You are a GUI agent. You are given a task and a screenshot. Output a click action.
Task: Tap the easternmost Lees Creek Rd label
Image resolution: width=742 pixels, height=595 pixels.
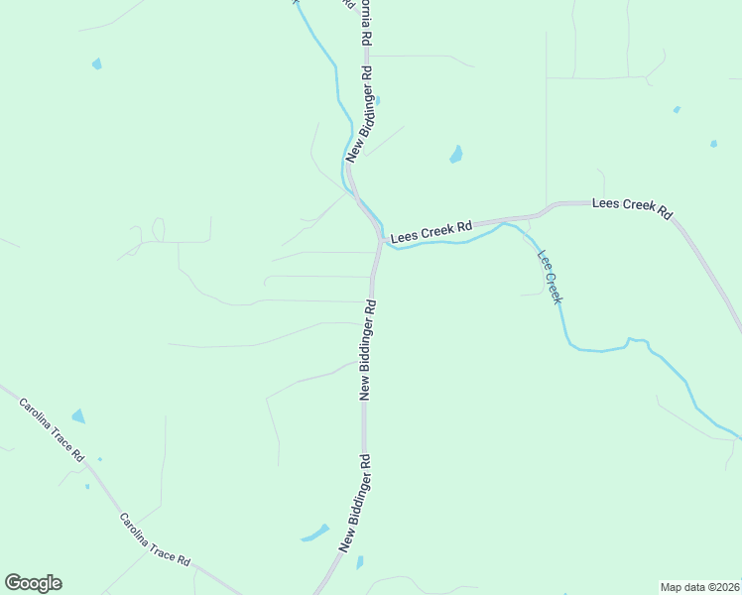[x=632, y=208]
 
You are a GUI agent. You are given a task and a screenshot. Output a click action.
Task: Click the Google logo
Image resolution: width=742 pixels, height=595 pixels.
[x=33, y=583]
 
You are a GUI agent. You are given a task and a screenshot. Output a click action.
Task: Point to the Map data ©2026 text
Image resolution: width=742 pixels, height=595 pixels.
[x=699, y=587]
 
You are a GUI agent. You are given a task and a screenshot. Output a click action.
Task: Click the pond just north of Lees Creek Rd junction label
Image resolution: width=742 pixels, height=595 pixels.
[x=456, y=155]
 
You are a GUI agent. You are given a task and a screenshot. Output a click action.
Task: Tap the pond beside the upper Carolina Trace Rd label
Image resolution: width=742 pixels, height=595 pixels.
[x=78, y=417]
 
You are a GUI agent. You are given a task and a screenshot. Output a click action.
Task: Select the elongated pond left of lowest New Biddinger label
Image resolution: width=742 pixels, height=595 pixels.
[x=314, y=533]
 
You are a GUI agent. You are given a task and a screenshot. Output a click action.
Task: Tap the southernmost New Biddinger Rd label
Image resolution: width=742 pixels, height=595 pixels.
[x=355, y=503]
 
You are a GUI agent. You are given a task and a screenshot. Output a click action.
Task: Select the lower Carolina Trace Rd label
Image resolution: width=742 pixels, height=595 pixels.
[x=154, y=539]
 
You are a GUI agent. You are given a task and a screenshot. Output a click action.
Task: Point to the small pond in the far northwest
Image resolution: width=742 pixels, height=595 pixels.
[x=96, y=63]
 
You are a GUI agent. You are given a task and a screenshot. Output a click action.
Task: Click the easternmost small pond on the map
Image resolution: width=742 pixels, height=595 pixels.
[x=713, y=144]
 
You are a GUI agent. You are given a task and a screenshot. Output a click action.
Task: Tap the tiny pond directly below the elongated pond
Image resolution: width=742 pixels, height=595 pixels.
[x=359, y=562]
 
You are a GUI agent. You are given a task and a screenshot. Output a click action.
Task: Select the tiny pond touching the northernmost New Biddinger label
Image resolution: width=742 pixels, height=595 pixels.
[x=378, y=100]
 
